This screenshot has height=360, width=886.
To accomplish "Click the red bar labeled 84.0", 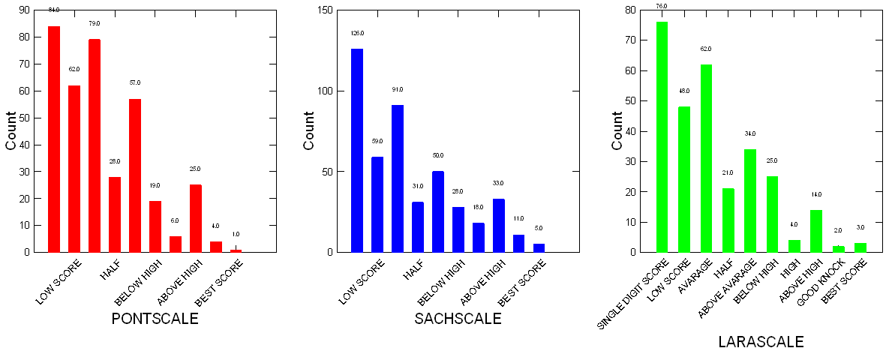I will [54, 139].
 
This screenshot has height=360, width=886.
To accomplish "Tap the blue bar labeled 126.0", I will [357, 151].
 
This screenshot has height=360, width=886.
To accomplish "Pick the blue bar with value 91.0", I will [398, 178].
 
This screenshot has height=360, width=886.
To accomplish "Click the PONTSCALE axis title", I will [155, 319].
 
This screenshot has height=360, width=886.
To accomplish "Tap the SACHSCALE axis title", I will [458, 319].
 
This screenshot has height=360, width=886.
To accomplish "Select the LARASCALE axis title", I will [761, 342].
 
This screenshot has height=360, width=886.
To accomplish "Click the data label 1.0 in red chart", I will [236, 234].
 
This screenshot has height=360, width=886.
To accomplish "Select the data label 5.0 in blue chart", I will [539, 228].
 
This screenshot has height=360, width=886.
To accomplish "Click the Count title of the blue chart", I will [308, 131].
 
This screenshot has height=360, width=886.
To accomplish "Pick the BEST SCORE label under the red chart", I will [219, 281].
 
